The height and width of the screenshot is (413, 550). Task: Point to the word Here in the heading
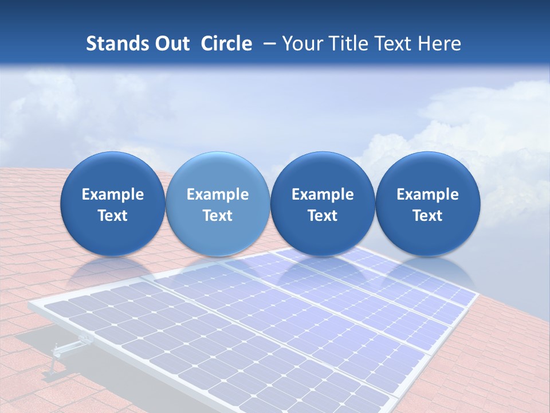(439, 44)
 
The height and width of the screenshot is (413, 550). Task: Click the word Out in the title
(171, 44)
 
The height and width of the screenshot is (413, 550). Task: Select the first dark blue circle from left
(112, 204)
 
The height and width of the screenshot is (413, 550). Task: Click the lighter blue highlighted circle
(218, 204)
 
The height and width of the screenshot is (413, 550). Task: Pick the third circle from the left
(323, 204)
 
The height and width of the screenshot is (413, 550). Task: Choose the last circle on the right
(427, 204)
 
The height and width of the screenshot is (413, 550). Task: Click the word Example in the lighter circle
(218, 194)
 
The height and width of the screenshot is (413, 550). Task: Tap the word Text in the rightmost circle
(427, 216)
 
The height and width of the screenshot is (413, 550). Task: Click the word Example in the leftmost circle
(112, 194)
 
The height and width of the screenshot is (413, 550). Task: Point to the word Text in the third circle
(323, 216)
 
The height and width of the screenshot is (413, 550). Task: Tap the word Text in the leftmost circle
(112, 216)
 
